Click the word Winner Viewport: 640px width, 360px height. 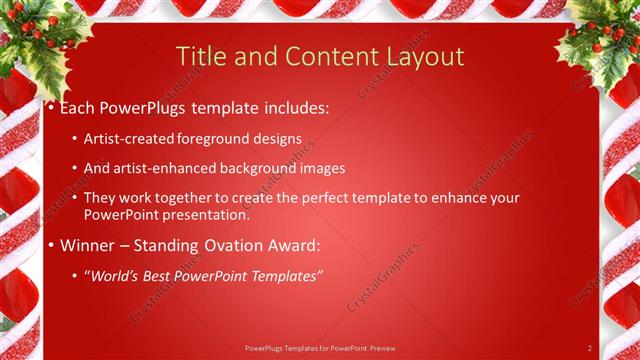(x=89, y=245)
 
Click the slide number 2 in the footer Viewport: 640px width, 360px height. (x=589, y=348)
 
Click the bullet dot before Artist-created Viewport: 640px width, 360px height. (x=77, y=140)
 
